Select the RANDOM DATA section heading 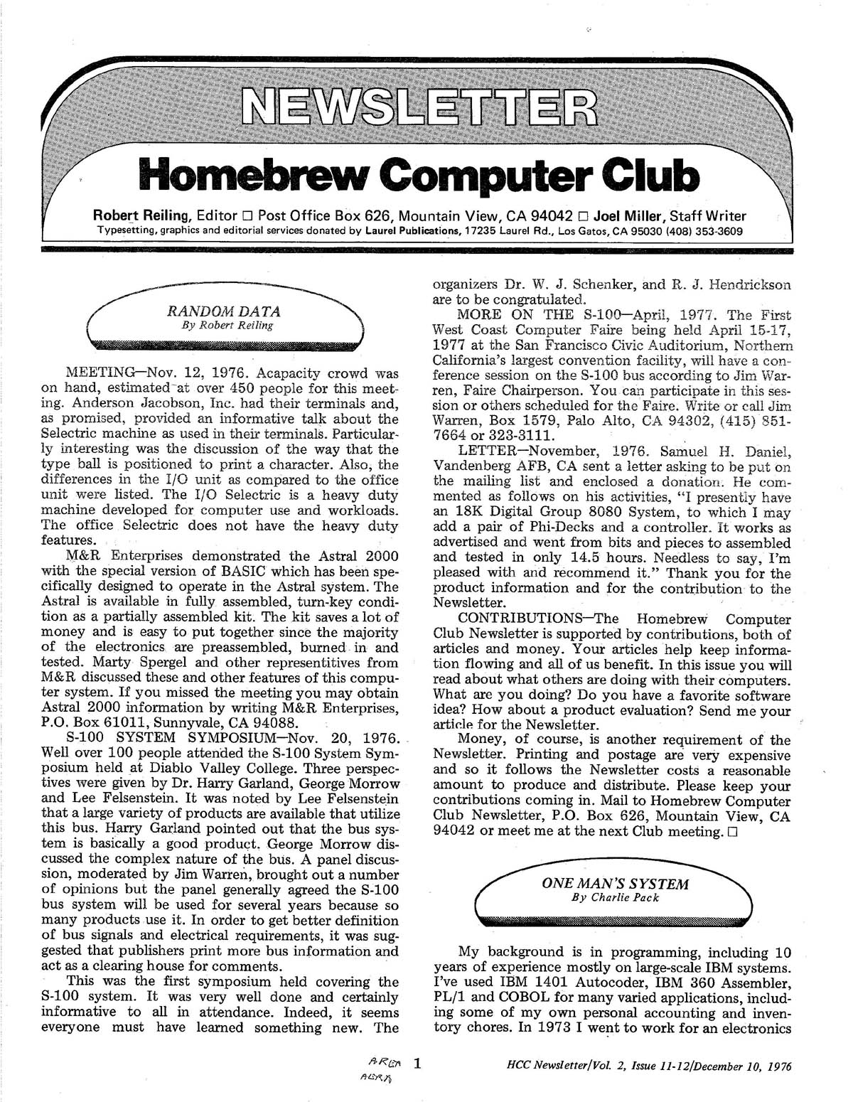[x=223, y=311]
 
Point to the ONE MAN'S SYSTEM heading [x=615, y=884]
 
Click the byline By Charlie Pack [x=616, y=897]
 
